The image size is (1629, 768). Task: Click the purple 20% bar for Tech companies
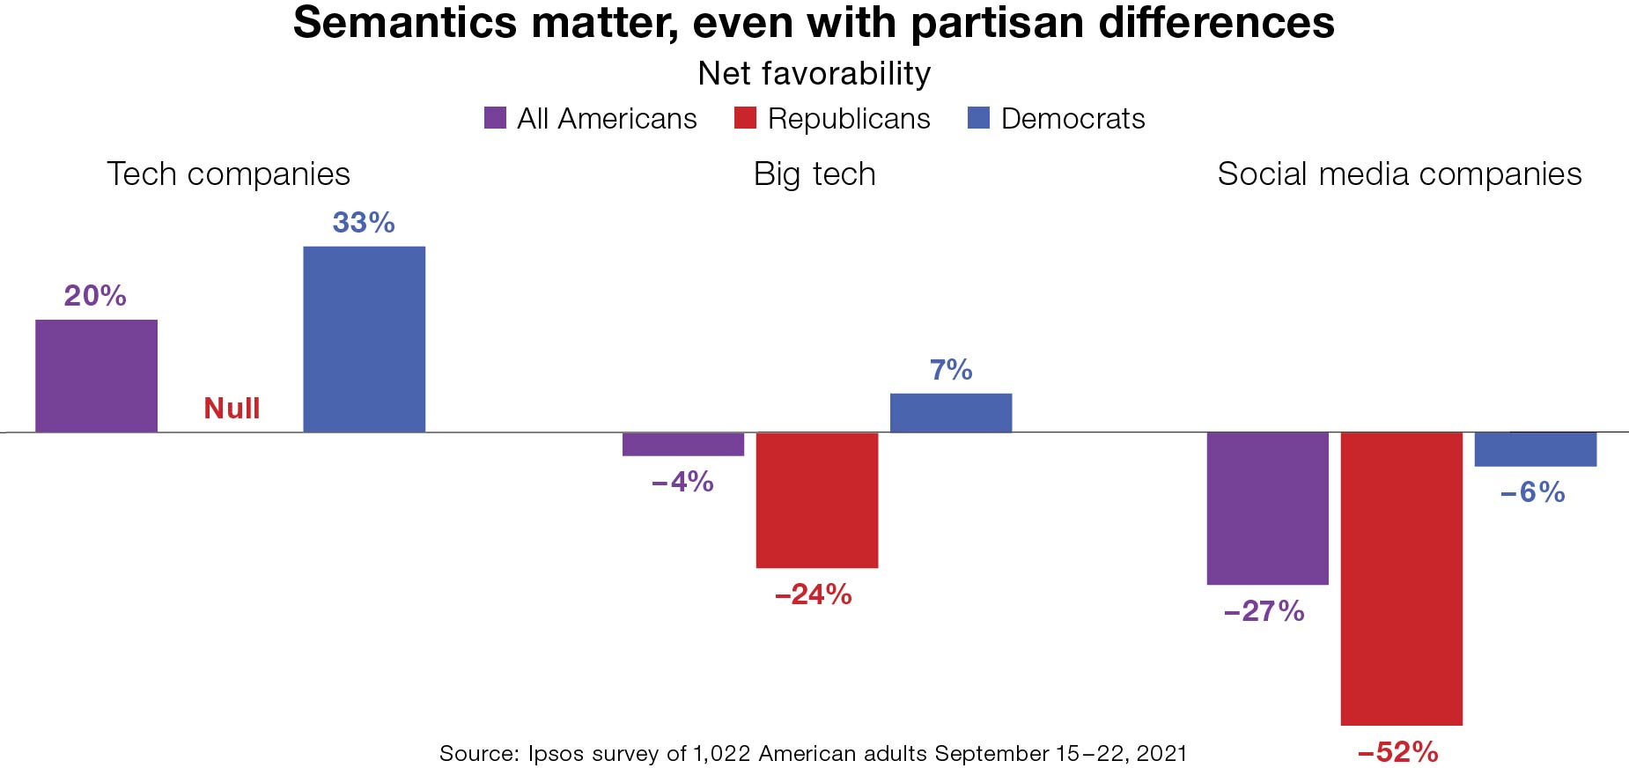tap(96, 376)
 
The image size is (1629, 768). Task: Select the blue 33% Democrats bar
tap(364, 339)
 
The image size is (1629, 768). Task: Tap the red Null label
tap(232, 409)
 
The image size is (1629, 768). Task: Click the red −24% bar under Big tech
tap(816, 499)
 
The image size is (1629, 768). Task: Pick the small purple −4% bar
tap(682, 444)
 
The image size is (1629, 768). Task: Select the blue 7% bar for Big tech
tap(950, 413)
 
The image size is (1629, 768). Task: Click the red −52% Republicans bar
tap(1401, 579)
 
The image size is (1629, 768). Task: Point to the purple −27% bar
tap(1267, 508)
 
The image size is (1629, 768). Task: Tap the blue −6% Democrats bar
tap(1535, 449)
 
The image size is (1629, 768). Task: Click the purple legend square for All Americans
tap(495, 118)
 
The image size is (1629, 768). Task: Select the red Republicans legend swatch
tap(745, 118)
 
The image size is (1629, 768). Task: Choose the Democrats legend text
tap(1072, 119)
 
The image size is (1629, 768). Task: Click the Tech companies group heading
tap(228, 174)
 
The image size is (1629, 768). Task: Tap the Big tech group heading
tap(814, 174)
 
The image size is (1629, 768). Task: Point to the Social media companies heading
tap(1399, 174)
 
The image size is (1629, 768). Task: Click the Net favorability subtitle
tap(814, 73)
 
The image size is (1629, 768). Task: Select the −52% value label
tap(1397, 752)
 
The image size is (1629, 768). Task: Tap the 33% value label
tap(363, 223)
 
